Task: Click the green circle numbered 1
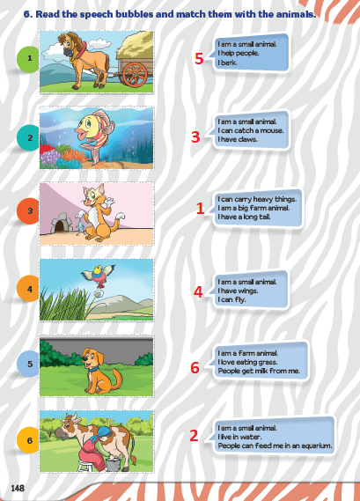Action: point(28,58)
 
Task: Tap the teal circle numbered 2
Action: point(28,137)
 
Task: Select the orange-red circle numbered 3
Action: point(28,211)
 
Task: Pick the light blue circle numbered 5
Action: point(28,364)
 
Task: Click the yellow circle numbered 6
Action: point(28,440)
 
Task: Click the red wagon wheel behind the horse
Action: point(135,74)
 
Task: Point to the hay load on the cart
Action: point(136,44)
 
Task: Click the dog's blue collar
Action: point(92,369)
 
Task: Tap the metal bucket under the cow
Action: point(113,465)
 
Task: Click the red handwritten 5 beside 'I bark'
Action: point(199,58)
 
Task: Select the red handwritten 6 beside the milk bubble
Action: point(195,367)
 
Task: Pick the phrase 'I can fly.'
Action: point(231,299)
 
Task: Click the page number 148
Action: point(18,488)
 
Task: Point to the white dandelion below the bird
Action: point(99,293)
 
